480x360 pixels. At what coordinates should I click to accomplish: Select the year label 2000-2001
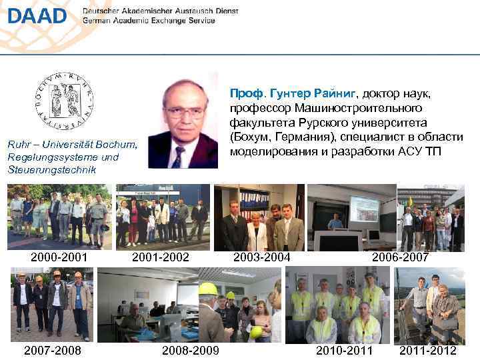pos(58,257)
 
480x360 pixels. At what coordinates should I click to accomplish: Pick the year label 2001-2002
pos(161,257)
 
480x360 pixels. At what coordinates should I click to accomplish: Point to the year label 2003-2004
pos(261,257)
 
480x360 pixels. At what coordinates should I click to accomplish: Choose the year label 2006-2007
pos(400,257)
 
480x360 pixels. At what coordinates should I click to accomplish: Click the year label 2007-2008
pos(52,351)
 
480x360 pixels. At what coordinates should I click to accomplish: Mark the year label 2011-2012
pos(428,351)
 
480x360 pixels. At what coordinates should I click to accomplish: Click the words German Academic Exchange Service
pos(149,21)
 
